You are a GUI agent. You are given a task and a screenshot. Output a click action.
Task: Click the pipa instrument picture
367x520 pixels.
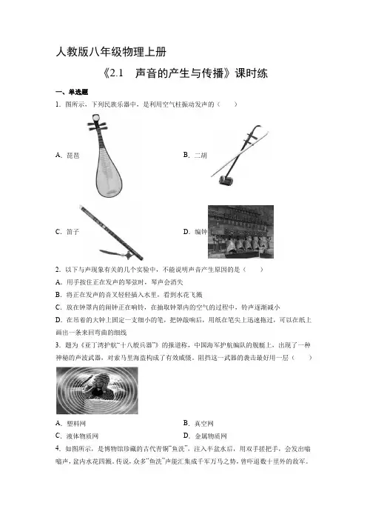click(x=104, y=156)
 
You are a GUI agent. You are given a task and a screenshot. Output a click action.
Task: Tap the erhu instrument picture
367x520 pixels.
click(x=240, y=156)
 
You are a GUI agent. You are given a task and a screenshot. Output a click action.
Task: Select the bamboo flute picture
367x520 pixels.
click(x=111, y=233)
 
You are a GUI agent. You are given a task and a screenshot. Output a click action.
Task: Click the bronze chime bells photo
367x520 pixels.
click(x=240, y=232)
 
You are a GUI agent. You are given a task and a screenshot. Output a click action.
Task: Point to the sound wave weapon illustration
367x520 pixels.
click(x=97, y=390)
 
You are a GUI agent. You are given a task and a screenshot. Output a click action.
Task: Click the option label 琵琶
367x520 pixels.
click(x=73, y=156)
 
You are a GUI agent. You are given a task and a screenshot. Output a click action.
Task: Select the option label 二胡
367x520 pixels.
click(x=201, y=156)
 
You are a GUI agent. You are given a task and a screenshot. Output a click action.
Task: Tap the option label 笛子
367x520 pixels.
click(x=73, y=232)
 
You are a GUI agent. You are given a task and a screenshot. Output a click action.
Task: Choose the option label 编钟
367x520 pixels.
click(x=201, y=232)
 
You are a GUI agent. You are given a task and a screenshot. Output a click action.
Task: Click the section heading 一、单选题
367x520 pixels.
click(x=72, y=92)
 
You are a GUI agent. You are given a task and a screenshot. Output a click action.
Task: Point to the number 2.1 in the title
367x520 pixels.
click(x=116, y=73)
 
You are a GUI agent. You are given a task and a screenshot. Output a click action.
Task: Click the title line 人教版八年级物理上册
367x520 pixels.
click(x=111, y=52)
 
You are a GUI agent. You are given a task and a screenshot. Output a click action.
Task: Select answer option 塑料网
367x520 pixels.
click(x=76, y=424)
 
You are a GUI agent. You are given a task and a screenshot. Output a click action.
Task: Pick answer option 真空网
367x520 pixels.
click(x=204, y=424)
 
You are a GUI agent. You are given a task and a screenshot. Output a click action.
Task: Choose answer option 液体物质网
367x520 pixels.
click(x=82, y=436)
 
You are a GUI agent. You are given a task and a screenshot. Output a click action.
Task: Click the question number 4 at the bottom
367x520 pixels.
click(x=58, y=449)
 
